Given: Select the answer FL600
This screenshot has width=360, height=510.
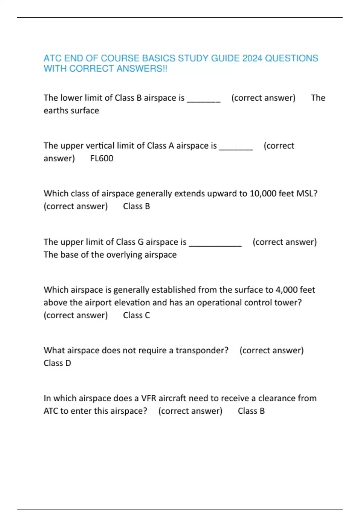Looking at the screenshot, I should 102,158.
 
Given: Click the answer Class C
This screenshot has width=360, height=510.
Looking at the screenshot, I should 136,315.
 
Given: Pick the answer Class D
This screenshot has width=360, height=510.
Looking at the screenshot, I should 57,363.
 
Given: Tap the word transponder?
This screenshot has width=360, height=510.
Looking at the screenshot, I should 202,350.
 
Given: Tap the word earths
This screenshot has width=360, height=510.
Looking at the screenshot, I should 56,111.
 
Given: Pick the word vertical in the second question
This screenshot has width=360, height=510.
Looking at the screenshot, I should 100,146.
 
